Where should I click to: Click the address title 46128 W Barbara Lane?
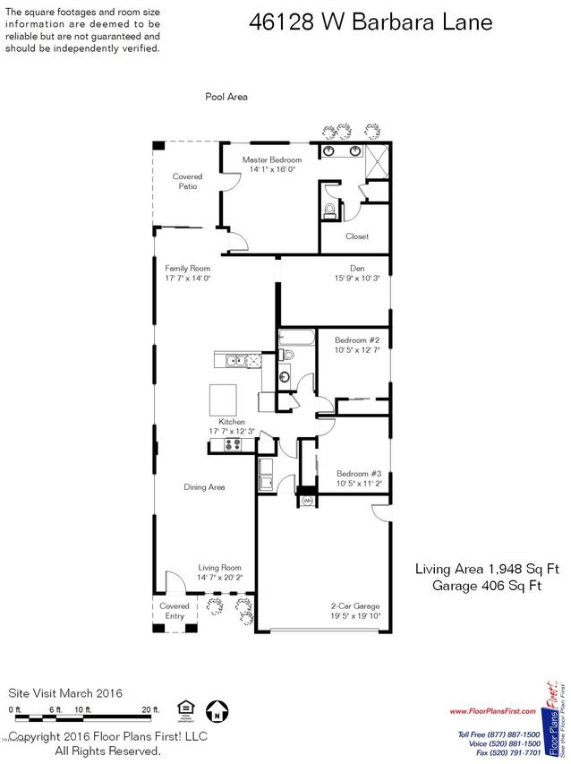[370, 22]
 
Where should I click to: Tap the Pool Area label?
[226, 97]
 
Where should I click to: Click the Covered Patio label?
[187, 182]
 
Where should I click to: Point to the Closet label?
[357, 236]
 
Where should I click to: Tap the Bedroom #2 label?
[357, 340]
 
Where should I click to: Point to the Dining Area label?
[204, 487]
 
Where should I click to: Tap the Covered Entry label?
[175, 611]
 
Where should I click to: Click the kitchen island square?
[225, 397]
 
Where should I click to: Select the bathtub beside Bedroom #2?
[296, 339]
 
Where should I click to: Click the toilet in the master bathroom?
[329, 210]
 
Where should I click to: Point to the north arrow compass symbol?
[216, 714]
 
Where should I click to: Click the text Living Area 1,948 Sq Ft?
[486, 569]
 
